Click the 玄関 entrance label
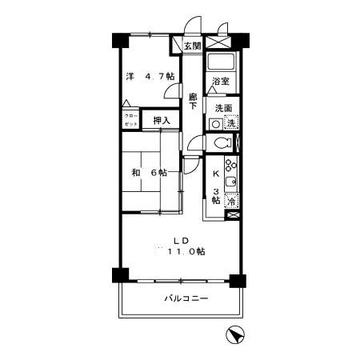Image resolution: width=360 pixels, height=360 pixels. pyautogui.click(x=192, y=46)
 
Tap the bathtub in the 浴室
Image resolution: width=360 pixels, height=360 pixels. pyautogui.click(x=220, y=62)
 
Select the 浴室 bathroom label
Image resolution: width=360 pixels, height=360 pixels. pyautogui.click(x=221, y=82)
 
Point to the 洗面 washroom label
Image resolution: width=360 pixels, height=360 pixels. pyautogui.click(x=223, y=108)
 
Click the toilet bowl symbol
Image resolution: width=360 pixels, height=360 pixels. pyautogui.click(x=222, y=143)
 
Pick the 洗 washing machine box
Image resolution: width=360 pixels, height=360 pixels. pyautogui.click(x=231, y=123)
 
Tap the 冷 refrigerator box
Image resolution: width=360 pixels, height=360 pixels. pyautogui.click(x=230, y=202)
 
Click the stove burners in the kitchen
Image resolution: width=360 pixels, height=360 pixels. pyautogui.click(x=231, y=169)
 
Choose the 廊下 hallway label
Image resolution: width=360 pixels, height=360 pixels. pyautogui.click(x=193, y=103)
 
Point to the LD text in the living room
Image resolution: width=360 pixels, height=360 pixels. pyautogui.click(x=182, y=239)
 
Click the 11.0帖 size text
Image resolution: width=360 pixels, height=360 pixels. pyautogui.click(x=186, y=251)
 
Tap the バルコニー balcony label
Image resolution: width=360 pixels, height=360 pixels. pyautogui.click(x=186, y=298)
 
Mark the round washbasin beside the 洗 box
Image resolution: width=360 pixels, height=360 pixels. pyautogui.click(x=215, y=123)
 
